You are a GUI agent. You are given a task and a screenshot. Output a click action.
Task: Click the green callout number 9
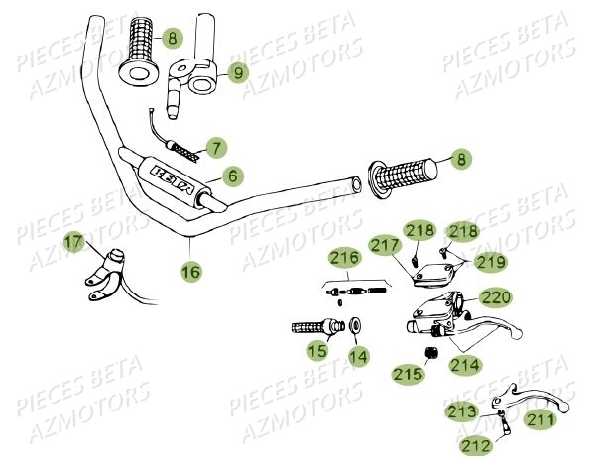(236, 71)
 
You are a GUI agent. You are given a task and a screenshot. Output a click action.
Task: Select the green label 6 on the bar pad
(232, 176)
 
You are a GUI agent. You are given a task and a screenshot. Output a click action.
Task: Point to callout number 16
(189, 269)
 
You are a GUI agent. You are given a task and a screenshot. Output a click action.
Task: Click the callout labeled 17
(73, 241)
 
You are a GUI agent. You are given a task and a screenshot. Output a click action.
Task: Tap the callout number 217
(383, 244)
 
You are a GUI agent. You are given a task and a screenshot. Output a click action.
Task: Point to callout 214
(464, 364)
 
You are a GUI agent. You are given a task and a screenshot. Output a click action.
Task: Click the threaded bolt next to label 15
(308, 326)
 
